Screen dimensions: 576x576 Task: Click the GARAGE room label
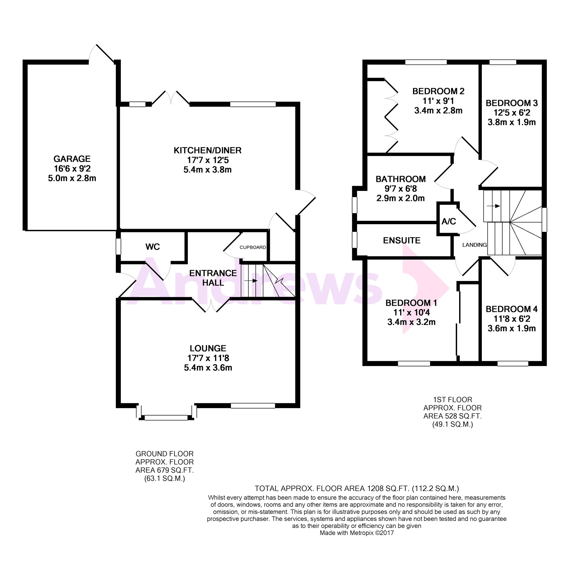point(72,159)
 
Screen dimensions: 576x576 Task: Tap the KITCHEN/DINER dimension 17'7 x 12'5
point(208,160)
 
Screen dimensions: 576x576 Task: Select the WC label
point(153,247)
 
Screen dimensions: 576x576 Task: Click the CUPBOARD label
point(253,247)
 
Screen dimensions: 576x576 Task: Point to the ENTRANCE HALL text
point(213,278)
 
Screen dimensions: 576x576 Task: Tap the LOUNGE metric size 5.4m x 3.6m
point(208,368)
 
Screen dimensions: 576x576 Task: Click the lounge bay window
point(166,418)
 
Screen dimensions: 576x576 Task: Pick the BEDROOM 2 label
point(438,91)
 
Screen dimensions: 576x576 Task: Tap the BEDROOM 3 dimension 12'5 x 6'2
point(512,113)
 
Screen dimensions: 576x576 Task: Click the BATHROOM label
point(400,179)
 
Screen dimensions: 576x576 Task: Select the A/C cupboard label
point(448,222)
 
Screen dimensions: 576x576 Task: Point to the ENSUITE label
point(402,240)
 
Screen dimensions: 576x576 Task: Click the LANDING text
point(474,245)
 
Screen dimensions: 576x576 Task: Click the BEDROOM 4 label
point(512,309)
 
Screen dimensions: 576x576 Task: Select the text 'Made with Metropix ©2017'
point(357,533)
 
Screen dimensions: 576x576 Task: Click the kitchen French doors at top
point(171,97)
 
